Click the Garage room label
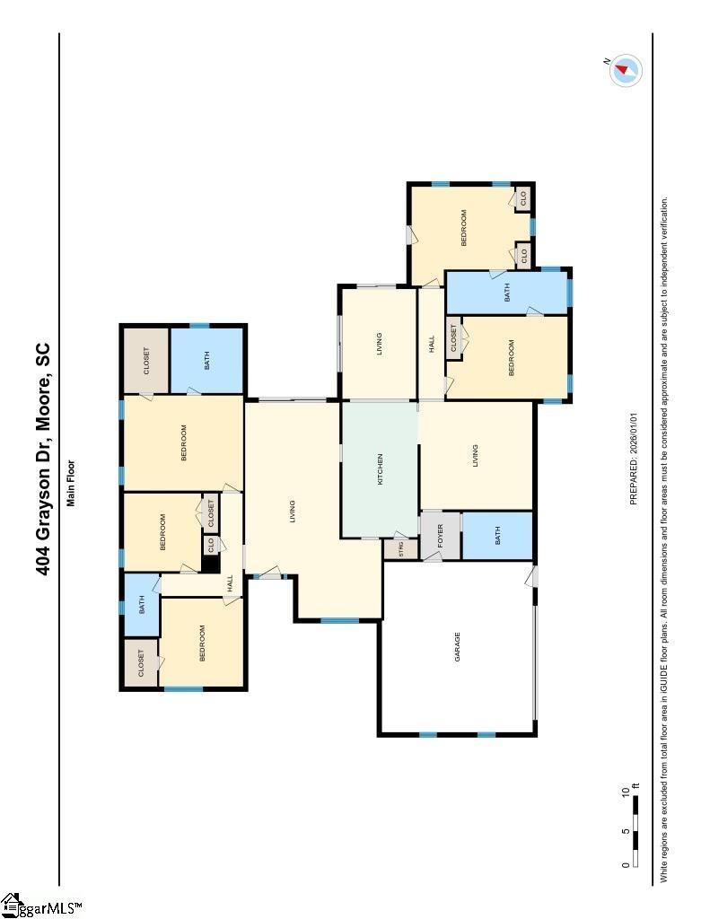(x=457, y=646)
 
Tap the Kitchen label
(x=380, y=468)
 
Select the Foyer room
(x=441, y=536)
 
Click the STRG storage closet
(x=400, y=549)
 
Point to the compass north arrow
(x=623, y=70)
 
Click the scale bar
(x=635, y=831)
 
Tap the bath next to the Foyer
(x=498, y=536)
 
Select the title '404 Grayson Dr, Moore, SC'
(x=42, y=459)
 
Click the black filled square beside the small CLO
(x=210, y=565)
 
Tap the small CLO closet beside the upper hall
(x=211, y=545)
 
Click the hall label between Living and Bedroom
(x=432, y=344)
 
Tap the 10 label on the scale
(x=627, y=793)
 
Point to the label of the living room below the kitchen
(x=475, y=455)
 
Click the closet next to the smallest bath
(x=141, y=663)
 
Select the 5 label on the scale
(x=627, y=831)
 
